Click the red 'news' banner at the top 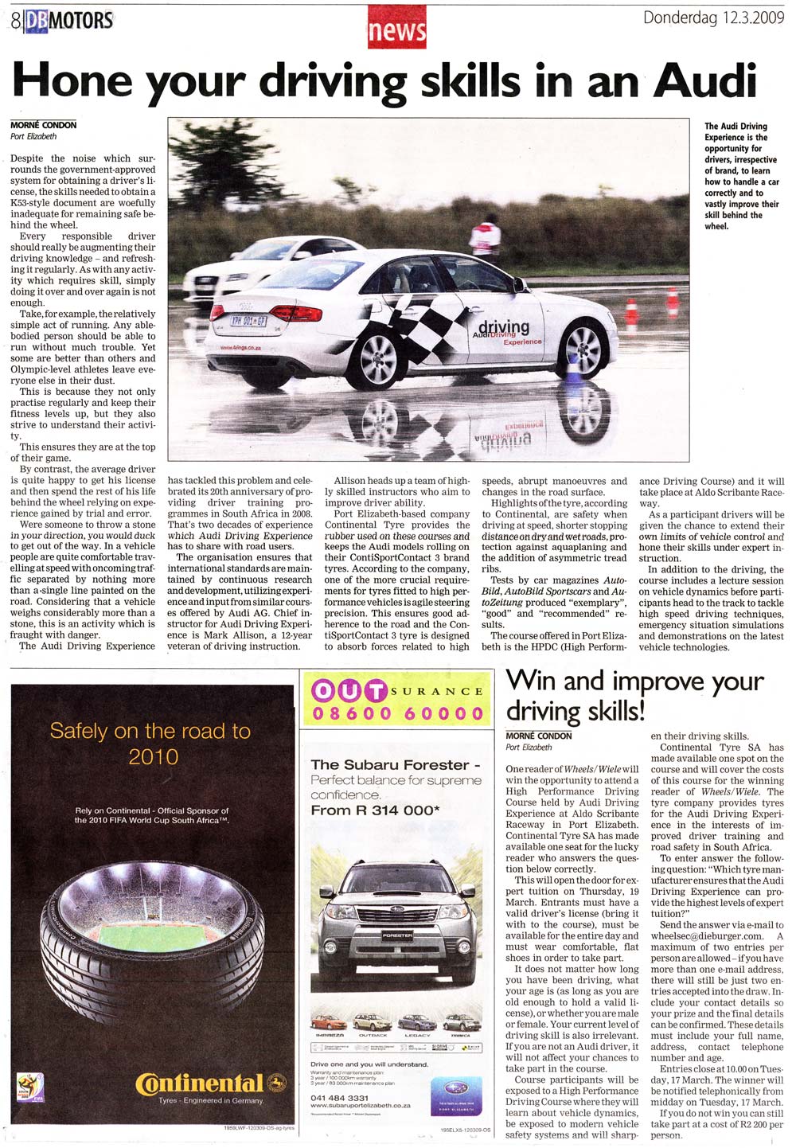click(397, 31)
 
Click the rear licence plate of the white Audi click(248, 321)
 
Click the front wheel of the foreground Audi click(583, 348)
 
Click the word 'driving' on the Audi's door click(503, 326)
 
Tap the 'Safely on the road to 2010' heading click(150, 742)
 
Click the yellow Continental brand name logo click(200, 1084)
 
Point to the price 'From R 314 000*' click(375, 810)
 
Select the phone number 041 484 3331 click(340, 1098)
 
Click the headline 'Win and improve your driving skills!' click(634, 695)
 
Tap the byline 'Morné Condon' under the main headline click(44, 125)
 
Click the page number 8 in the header click(15, 21)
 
